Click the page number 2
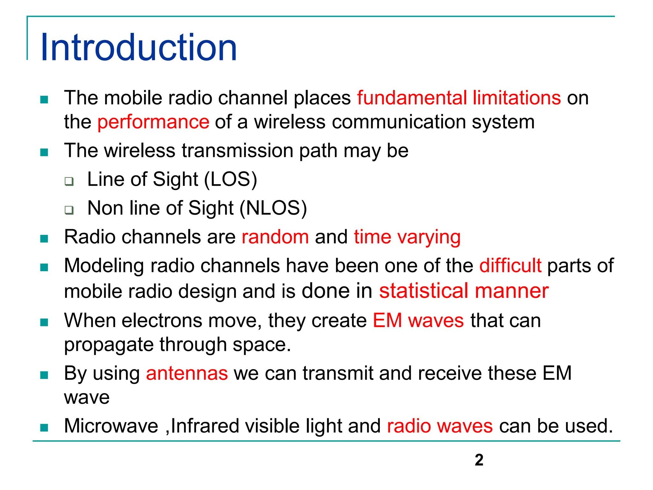click(479, 460)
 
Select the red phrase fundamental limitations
click(459, 98)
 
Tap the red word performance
click(153, 122)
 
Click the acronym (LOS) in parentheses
click(231, 179)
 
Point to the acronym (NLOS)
click(273, 208)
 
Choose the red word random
click(275, 237)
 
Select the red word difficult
click(510, 265)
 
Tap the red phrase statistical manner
click(464, 291)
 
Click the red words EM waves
click(418, 320)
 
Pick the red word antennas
click(187, 373)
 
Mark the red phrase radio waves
click(440, 426)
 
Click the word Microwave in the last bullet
click(111, 426)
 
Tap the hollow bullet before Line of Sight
click(69, 181)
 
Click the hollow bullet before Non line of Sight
click(69, 210)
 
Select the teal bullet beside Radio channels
click(44, 239)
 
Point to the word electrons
click(162, 320)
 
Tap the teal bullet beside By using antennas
click(44, 375)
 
